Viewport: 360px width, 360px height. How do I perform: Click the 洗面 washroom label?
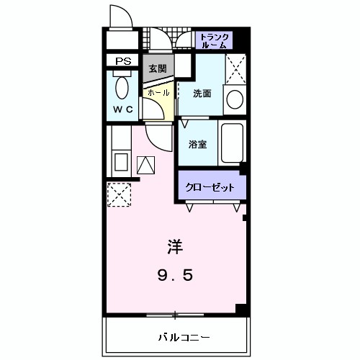tap(202, 94)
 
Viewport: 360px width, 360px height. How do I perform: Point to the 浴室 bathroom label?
tap(198, 144)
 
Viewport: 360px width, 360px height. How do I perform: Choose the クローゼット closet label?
tap(210, 187)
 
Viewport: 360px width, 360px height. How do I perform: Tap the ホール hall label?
tap(158, 93)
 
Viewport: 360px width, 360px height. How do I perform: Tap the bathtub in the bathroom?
tap(232, 143)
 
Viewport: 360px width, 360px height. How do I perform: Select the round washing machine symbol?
tap(234, 100)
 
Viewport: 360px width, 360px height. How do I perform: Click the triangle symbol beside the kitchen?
tap(145, 166)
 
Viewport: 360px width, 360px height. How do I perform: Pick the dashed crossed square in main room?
tap(117, 193)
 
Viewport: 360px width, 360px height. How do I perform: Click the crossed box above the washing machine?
tap(234, 68)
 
